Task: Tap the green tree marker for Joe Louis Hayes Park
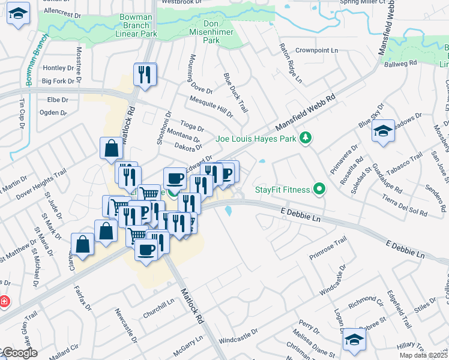(306, 139)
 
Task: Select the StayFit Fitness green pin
(319, 190)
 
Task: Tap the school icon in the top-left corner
(19, 14)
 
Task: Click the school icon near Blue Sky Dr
(382, 131)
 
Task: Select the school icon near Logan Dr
(354, 340)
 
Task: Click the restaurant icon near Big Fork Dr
(144, 75)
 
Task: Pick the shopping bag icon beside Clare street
(82, 245)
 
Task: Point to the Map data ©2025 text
(424, 355)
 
